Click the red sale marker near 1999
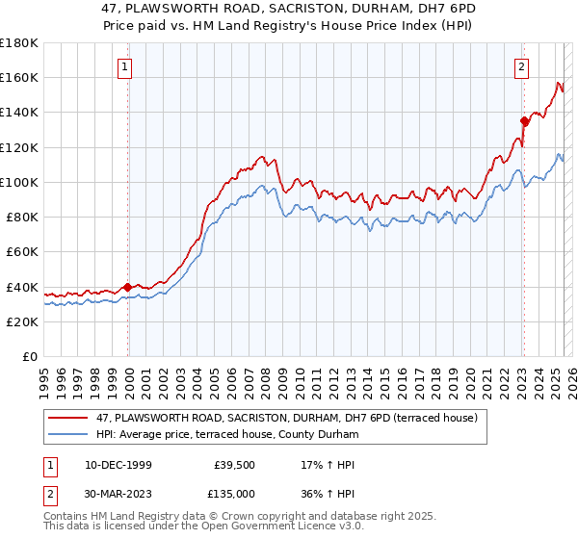(127, 286)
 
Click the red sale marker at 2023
(524, 120)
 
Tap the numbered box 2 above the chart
(521, 67)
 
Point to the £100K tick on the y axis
(19, 182)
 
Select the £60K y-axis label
(22, 251)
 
